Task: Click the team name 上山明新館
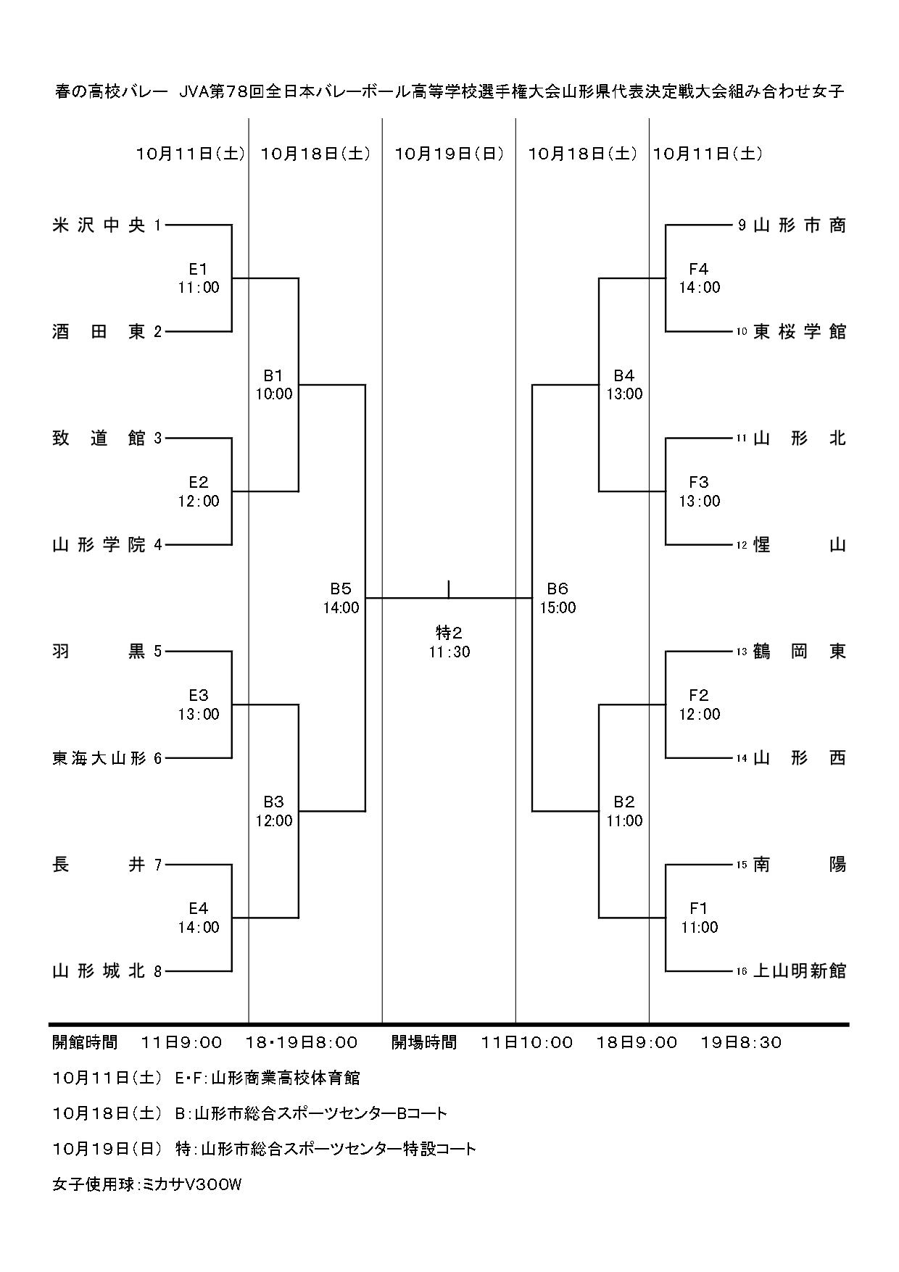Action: click(x=800, y=971)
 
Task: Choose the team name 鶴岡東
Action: click(x=800, y=652)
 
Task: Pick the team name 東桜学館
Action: click(x=800, y=332)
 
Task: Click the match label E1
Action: click(x=198, y=270)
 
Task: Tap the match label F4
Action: click(x=699, y=270)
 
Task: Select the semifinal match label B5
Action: click(x=341, y=589)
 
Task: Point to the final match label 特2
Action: click(x=449, y=633)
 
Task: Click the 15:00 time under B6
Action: click(x=558, y=608)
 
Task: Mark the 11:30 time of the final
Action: click(x=449, y=652)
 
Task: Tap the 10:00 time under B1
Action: click(x=274, y=394)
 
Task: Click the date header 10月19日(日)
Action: click(x=449, y=154)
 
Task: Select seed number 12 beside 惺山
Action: click(x=741, y=546)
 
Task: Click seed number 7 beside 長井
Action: click(x=158, y=865)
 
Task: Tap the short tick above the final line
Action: click(x=449, y=589)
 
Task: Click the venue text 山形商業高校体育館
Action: click(x=285, y=1078)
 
